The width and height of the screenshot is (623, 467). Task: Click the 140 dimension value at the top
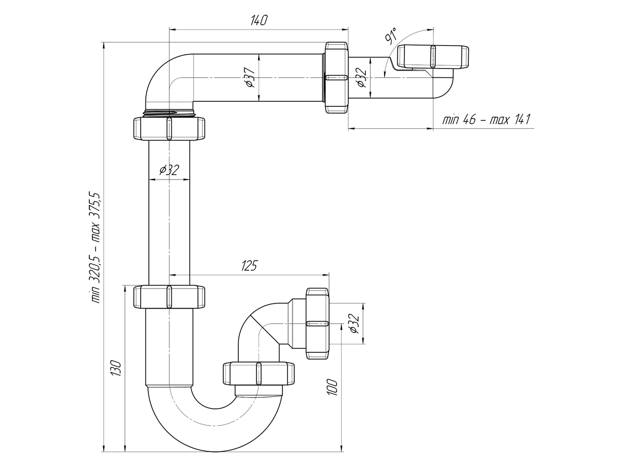click(259, 20)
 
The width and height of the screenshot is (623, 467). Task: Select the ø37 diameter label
click(250, 77)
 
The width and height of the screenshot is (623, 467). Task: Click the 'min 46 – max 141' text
click(486, 120)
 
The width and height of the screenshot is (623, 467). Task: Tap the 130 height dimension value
click(116, 368)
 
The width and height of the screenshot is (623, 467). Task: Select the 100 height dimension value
click(332, 387)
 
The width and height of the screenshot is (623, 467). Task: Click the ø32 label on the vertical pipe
click(169, 170)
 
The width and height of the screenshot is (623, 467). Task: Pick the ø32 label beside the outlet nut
click(354, 323)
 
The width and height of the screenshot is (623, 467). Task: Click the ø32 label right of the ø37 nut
click(361, 77)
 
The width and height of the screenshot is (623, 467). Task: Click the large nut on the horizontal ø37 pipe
click(336, 78)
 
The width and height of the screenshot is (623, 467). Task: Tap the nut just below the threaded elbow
click(169, 128)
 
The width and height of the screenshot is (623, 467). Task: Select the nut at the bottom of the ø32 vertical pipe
click(169, 297)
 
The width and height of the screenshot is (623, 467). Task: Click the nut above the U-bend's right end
click(259, 373)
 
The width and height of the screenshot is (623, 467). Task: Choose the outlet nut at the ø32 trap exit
click(317, 324)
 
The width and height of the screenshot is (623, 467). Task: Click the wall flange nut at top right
click(432, 57)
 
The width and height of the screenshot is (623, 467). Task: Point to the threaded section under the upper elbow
click(169, 113)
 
